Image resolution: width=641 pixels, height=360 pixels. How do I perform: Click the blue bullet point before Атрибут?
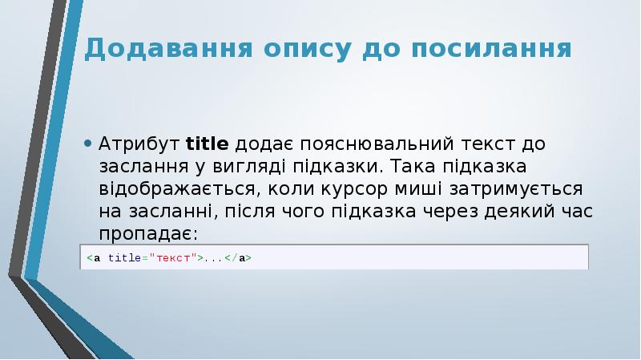pyautogui.click(x=87, y=145)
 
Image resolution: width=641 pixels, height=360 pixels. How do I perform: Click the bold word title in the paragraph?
pyautogui.click(x=208, y=145)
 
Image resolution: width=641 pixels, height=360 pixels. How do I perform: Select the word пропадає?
pyautogui.click(x=147, y=234)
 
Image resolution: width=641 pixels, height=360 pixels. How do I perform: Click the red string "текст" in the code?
pyautogui.click(x=175, y=258)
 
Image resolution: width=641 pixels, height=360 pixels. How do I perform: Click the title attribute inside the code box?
pyautogui.click(x=123, y=258)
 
